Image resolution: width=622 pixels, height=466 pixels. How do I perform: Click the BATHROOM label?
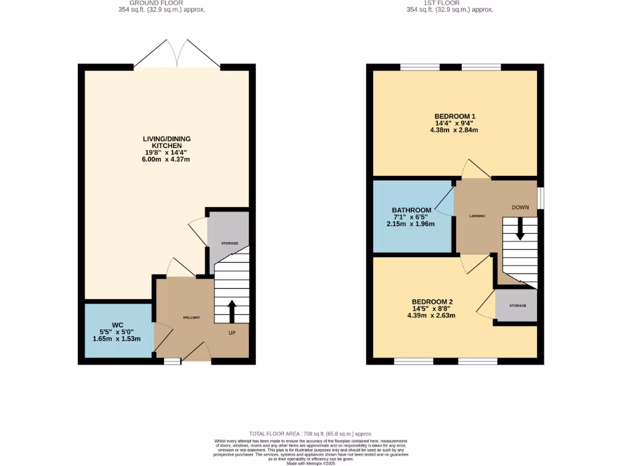(412, 210)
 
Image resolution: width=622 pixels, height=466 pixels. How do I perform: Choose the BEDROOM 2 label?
(432, 302)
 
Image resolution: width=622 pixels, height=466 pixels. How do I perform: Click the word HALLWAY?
(192, 318)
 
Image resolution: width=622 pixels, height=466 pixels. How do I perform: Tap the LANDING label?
(477, 215)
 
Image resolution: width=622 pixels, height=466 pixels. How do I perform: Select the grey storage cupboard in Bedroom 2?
(516, 305)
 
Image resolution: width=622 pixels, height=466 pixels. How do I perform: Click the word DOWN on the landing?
(520, 208)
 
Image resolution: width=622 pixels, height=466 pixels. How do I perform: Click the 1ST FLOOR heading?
(449, 3)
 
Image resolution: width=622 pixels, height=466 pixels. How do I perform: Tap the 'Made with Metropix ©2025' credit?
(310, 463)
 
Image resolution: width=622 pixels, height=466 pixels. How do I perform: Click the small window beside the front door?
(172, 361)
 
